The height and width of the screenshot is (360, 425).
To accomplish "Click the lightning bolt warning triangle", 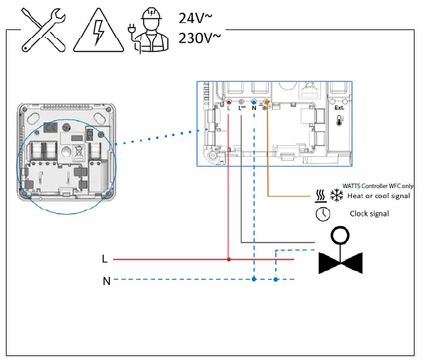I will tap(97, 31).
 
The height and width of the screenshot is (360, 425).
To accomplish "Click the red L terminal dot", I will tap(228, 102).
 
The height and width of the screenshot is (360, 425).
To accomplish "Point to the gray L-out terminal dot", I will tap(241, 102).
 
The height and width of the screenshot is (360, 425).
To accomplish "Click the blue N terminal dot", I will tap(254, 102).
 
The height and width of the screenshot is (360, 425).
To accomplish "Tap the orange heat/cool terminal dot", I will tap(267, 102).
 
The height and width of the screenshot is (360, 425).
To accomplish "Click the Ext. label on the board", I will tap(339, 108).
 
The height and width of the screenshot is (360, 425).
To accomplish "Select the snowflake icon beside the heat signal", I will tap(337, 195).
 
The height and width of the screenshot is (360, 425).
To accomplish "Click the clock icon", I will tap(322, 214).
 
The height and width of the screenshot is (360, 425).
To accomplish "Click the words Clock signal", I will tap(369, 214).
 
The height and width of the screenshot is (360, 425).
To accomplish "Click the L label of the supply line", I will tap(105, 259).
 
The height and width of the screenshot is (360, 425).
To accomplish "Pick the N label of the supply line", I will tap(106, 281).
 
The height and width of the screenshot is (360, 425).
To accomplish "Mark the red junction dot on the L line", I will tap(228, 259).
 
